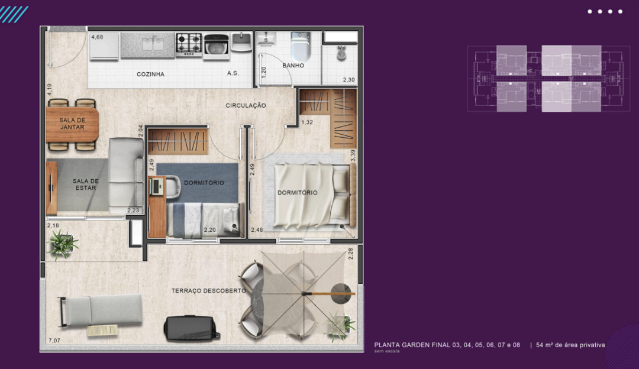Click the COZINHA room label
click(x=150, y=74)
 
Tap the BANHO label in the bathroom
click(x=293, y=65)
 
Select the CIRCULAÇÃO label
click(x=246, y=105)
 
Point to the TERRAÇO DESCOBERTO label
click(x=209, y=291)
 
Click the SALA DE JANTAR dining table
click(x=72, y=124)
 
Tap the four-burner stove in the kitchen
click(x=189, y=44)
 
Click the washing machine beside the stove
click(x=217, y=45)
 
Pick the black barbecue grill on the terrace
click(x=191, y=328)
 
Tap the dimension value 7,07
click(x=54, y=341)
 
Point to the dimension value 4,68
click(x=97, y=37)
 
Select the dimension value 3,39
click(x=353, y=156)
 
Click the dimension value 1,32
click(x=307, y=122)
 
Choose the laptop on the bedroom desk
click(x=156, y=186)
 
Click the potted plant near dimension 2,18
click(x=62, y=244)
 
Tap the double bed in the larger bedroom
click(x=314, y=195)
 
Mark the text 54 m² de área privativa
click(x=570, y=345)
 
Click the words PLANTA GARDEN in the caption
click(x=399, y=345)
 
